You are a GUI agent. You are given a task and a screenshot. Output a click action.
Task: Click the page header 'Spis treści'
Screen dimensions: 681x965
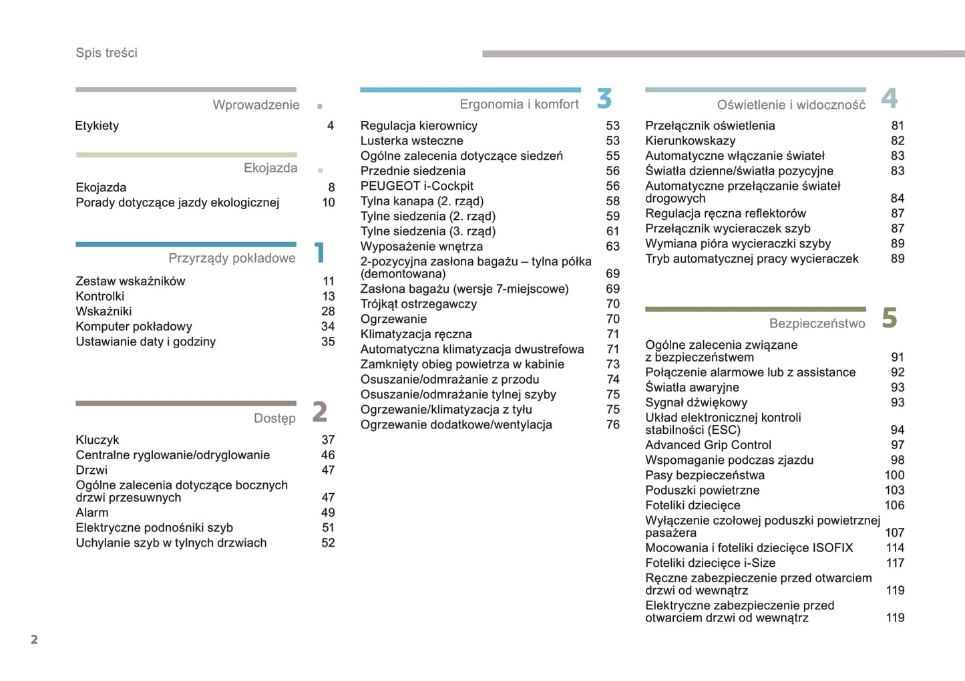point(106,53)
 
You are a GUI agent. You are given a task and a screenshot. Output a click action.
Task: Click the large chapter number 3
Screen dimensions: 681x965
point(604,99)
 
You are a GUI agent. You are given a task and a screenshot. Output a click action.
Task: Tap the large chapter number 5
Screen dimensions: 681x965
point(889,318)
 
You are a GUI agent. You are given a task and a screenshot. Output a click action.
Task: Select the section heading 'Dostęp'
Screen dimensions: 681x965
point(274,418)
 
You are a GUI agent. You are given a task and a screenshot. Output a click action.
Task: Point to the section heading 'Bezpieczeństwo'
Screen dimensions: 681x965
point(817,323)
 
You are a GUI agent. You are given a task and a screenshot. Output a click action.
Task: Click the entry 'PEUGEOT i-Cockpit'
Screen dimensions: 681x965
point(417,186)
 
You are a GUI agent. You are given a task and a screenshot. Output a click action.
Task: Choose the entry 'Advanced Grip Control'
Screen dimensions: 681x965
point(708,445)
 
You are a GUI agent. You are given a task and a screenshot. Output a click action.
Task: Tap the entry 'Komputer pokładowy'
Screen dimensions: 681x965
point(134,327)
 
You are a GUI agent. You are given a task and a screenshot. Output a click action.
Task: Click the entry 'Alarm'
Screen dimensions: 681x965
point(92,513)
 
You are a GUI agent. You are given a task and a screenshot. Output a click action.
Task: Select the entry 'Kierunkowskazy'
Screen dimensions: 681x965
point(690,141)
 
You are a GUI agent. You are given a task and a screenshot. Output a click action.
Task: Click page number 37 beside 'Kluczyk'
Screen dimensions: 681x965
point(328,440)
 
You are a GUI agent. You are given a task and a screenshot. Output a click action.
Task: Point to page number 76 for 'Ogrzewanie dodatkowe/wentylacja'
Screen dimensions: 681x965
point(613,424)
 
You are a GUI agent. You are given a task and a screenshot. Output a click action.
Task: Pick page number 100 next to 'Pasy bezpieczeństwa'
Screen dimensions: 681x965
point(894,475)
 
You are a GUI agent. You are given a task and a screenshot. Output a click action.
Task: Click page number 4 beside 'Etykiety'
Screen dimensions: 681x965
point(331,126)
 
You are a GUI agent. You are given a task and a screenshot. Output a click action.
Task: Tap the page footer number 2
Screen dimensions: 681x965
point(34,640)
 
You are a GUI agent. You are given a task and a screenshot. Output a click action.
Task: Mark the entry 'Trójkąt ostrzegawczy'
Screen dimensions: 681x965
point(419,304)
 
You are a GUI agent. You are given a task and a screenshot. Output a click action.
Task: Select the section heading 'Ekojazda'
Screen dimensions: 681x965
point(270,168)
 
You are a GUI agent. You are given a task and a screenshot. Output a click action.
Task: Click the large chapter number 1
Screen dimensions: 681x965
point(320,253)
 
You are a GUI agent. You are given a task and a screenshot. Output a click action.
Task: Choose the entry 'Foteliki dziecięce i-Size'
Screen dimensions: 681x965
point(710,563)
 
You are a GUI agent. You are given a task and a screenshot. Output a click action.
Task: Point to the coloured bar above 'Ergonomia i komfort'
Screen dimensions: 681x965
point(470,90)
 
